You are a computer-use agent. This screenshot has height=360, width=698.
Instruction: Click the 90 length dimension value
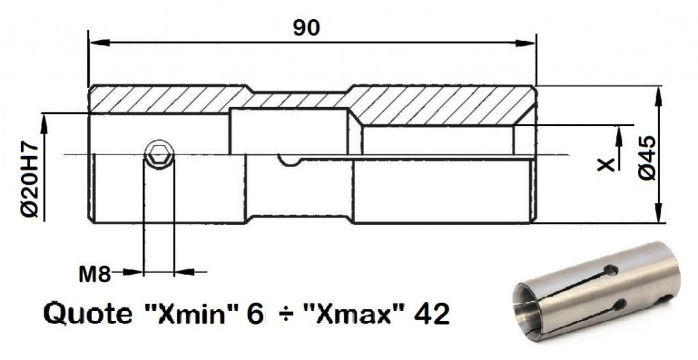pos(306,28)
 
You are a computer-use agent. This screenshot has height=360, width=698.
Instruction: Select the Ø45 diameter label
pos(647,157)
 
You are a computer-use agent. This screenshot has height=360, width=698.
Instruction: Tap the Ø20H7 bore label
pos(30,179)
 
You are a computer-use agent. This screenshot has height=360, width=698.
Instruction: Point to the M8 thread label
pos(95,275)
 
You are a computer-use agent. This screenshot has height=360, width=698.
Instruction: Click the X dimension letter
pos(605,165)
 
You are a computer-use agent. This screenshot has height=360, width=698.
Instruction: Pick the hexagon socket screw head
pos(159,155)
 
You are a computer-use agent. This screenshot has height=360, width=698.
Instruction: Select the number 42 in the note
pos(431,314)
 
